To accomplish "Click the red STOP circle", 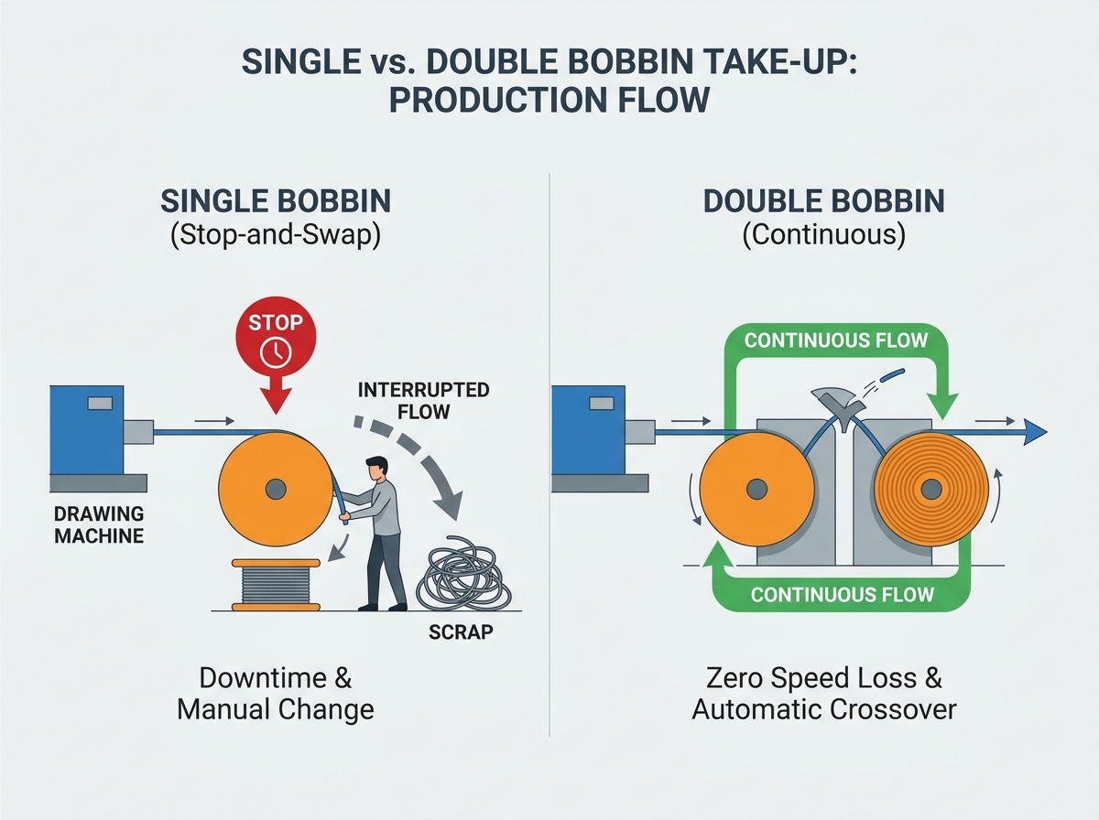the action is click(x=276, y=336).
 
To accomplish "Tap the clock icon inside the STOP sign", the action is click(x=276, y=352).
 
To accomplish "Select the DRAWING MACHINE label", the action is click(x=99, y=524).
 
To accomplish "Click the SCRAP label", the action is click(x=461, y=632).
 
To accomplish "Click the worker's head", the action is click(x=376, y=469).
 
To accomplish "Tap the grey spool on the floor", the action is click(x=276, y=585).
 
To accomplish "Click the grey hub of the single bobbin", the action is click(x=276, y=489).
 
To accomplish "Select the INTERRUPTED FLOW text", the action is click(x=424, y=401).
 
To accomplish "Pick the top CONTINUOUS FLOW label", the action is click(x=835, y=340).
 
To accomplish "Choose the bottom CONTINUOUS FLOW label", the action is click(x=843, y=594).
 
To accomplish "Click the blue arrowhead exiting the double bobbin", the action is click(x=1033, y=432).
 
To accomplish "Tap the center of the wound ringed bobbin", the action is click(x=930, y=489).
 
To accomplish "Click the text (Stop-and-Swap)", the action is click(x=276, y=234).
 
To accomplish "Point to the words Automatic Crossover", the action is click(x=824, y=709).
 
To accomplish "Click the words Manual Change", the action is click(x=276, y=709).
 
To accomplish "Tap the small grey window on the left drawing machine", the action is click(x=100, y=403).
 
